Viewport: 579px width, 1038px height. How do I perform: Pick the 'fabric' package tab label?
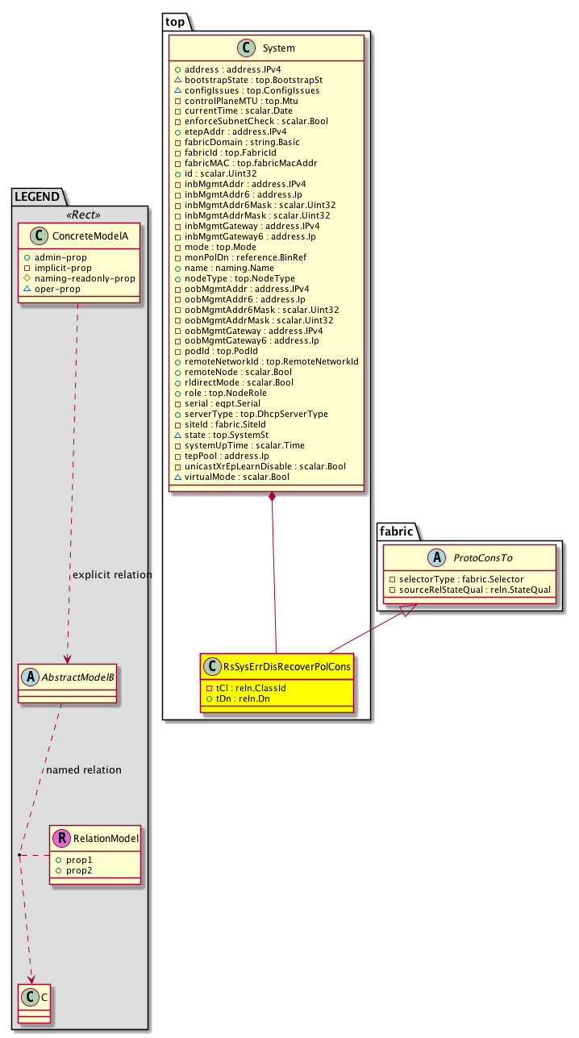click(x=396, y=531)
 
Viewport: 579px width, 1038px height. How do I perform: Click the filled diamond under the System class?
click(x=274, y=497)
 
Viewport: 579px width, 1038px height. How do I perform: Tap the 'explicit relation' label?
click(x=112, y=575)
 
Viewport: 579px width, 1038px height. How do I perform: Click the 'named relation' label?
click(x=84, y=769)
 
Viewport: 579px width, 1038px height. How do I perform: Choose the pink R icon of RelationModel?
click(x=62, y=839)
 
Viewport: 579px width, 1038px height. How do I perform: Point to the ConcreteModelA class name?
click(x=85, y=236)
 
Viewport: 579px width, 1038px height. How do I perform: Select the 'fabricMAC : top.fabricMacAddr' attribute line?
click(x=246, y=163)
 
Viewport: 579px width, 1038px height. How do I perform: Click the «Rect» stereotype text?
click(x=79, y=215)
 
